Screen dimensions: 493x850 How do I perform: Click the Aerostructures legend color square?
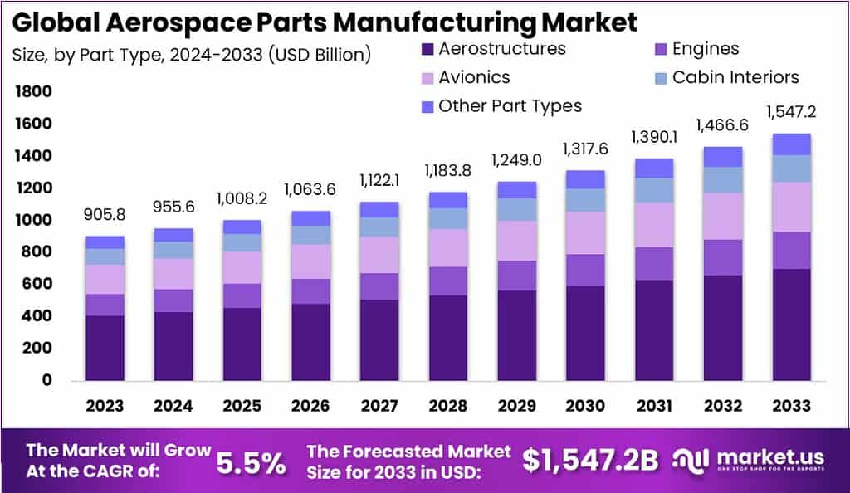point(427,49)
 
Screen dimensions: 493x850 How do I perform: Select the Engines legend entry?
point(705,49)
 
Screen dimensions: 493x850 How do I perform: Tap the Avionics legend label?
point(474,77)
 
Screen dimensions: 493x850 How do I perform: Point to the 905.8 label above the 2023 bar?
point(105,215)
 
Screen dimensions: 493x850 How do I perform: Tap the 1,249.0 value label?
point(515,159)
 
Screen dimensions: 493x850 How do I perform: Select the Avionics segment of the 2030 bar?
point(584,232)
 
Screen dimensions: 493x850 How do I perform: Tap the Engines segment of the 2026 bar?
point(310,290)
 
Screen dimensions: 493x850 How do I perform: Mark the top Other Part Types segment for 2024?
point(173,235)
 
